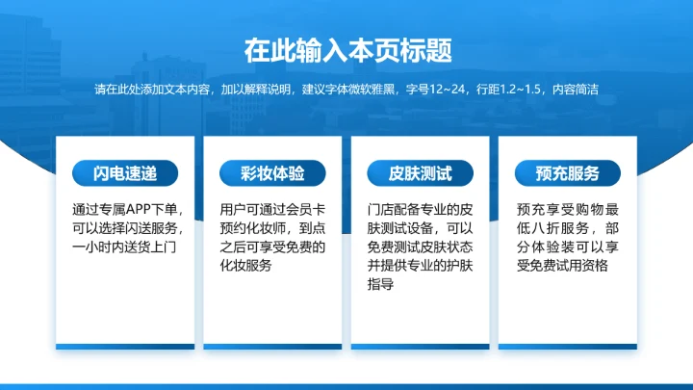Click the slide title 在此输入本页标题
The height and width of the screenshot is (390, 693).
point(347,49)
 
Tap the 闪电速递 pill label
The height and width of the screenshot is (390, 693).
point(125,173)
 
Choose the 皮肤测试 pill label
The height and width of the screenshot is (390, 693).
point(420,173)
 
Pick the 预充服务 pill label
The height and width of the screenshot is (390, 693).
point(568,173)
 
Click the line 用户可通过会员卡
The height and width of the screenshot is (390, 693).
point(272,209)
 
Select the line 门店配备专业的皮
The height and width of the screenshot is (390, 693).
point(420,209)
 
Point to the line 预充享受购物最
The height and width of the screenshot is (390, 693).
point(568,209)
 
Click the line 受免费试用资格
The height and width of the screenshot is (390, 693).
point(562,266)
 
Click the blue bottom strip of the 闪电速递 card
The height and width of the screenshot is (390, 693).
point(125,347)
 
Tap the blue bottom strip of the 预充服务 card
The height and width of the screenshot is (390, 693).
point(568,347)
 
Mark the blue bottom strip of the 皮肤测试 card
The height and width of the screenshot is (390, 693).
point(420,347)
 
